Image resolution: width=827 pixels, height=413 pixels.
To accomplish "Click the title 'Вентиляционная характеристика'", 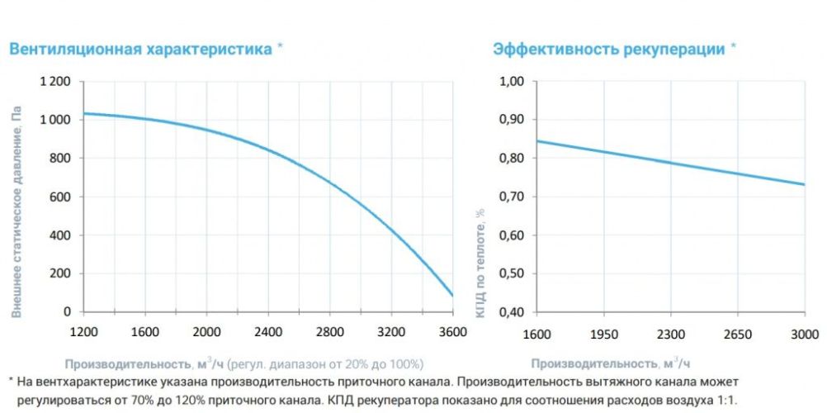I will coord(140,49).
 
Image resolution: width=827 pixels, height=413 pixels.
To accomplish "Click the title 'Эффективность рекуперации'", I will coord(609,49).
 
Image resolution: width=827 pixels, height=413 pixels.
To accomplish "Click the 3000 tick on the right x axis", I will coord(804,334).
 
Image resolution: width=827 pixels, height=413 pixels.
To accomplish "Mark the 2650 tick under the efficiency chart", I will coord(737,334).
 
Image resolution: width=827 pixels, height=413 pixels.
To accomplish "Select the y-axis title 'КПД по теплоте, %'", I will coord(480,263).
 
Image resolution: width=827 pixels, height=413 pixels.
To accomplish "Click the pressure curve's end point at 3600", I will coord(452,295).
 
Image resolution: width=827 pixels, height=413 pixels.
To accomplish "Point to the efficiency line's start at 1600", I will coord(537,140).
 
